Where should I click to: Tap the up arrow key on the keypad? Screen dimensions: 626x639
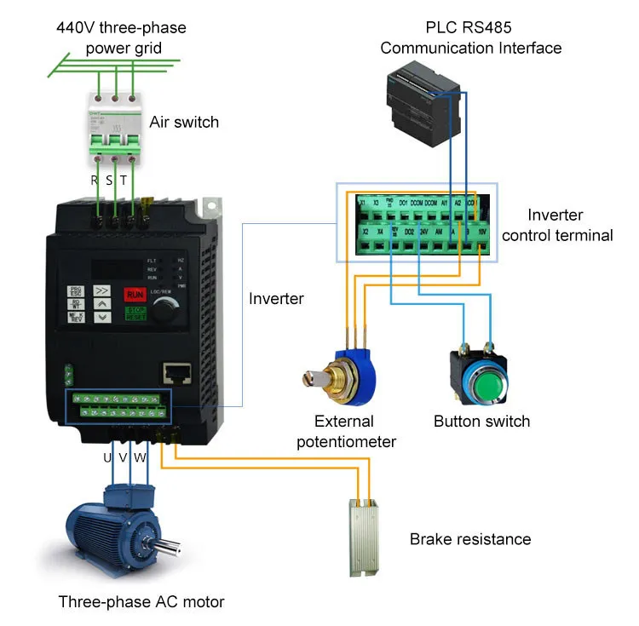102,302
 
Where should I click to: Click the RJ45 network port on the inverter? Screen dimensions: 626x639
176,373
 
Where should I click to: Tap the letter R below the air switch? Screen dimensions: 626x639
95,180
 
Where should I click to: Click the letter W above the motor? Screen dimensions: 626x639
141,457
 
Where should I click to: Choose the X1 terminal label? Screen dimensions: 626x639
362,203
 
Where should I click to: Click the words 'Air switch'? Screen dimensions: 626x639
184,122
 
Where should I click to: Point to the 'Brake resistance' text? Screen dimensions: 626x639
470,539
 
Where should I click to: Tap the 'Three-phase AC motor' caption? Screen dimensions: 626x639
141,602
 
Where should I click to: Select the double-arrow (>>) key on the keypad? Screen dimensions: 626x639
102,290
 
